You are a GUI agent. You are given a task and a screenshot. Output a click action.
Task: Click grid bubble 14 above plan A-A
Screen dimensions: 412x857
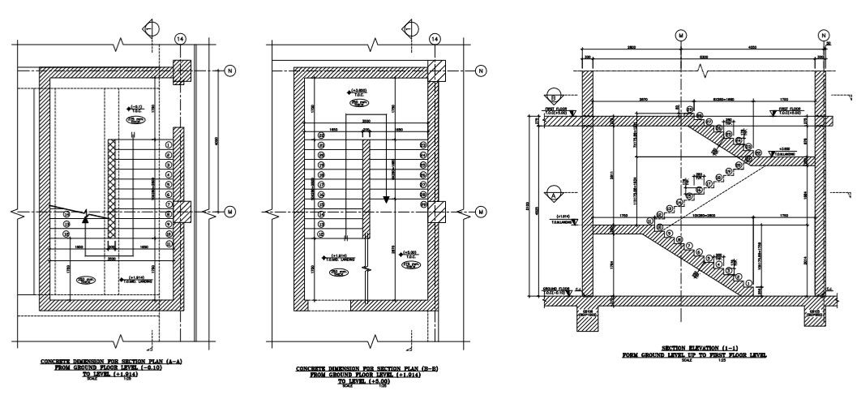pos(180,38)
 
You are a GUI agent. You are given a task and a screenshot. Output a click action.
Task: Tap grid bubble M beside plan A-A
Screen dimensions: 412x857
pos(230,212)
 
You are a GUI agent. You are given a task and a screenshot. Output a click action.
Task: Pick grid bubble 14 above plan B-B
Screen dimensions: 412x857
pos(435,38)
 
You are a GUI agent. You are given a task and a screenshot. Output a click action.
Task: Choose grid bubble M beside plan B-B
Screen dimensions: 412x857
pos(485,212)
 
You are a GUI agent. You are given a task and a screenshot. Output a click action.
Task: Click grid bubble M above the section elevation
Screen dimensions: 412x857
pos(680,36)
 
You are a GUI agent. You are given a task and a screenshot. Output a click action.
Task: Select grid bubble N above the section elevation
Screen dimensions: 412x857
pos(825,36)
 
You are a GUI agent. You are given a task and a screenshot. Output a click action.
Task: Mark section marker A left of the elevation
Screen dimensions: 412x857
pos(554,195)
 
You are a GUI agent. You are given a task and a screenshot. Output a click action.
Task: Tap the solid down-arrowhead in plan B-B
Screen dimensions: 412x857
pos(387,198)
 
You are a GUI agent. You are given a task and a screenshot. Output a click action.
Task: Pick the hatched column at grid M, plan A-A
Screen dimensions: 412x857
pos(179,212)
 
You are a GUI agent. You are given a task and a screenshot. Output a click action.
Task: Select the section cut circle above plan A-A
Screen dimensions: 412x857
pos(156,30)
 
